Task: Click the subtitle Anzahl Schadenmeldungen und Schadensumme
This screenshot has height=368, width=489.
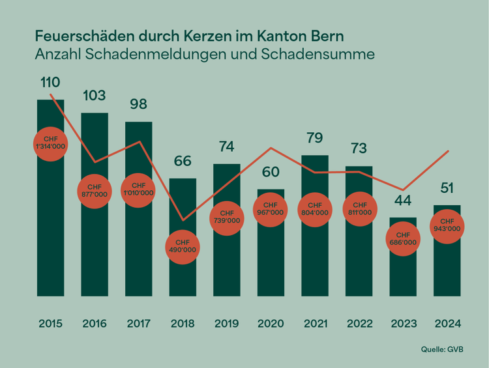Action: click(x=204, y=54)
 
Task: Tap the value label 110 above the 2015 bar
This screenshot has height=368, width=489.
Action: click(x=50, y=83)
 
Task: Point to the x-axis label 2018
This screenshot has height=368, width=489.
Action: click(x=183, y=324)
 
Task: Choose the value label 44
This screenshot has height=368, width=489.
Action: click(x=403, y=201)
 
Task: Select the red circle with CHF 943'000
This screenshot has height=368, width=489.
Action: click(x=447, y=225)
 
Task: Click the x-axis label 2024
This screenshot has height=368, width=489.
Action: click(x=447, y=324)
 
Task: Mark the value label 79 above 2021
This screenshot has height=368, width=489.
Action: click(x=314, y=138)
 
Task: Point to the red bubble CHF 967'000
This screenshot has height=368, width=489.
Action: click(x=271, y=208)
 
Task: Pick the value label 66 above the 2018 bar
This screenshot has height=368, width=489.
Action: click(x=183, y=162)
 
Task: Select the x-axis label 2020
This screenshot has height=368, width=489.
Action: click(x=271, y=324)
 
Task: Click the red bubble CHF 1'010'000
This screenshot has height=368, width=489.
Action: click(x=138, y=189)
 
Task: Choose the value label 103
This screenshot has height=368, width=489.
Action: click(x=94, y=96)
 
